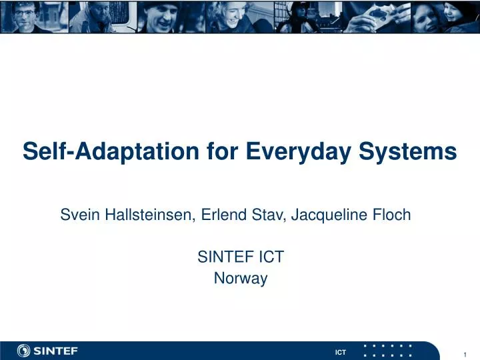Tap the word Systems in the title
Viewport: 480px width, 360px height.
pyautogui.click(x=416, y=152)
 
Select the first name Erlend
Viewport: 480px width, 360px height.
pyautogui.click(x=223, y=215)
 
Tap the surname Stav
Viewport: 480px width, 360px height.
pyautogui.click(x=267, y=215)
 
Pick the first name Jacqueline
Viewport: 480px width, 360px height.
pyautogui.click(x=327, y=215)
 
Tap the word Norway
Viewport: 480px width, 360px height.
pyautogui.click(x=240, y=279)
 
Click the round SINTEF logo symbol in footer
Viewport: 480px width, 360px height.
pyautogui.click(x=25, y=351)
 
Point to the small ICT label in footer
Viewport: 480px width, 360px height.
pyautogui.click(x=340, y=352)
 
